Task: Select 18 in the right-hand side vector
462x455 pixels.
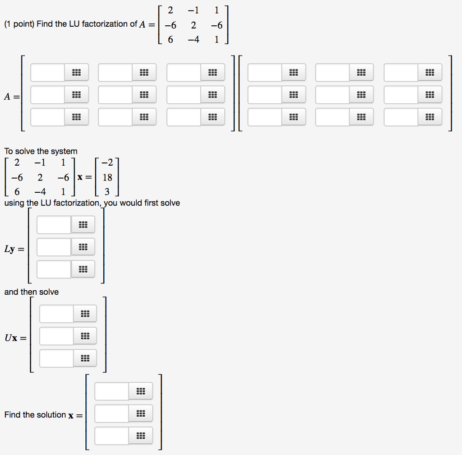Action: coord(107,177)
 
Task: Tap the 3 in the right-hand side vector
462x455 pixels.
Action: coord(107,192)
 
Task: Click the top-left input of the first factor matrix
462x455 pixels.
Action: coord(48,72)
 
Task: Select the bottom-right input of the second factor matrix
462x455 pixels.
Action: coord(401,117)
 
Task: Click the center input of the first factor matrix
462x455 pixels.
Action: coord(115,95)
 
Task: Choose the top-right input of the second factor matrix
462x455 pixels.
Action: coord(401,72)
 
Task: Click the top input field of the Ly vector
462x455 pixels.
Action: coord(54,225)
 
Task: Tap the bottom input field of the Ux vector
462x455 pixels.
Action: coord(57,358)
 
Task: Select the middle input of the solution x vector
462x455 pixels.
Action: coord(112,413)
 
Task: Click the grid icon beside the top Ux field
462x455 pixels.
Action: coord(85,314)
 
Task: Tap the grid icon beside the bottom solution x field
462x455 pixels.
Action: coord(140,436)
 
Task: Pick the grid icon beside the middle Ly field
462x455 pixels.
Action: coord(83,247)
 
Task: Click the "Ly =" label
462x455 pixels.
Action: coord(15,249)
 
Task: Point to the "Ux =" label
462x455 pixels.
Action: coord(15,338)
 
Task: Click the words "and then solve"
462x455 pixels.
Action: coord(32,292)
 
